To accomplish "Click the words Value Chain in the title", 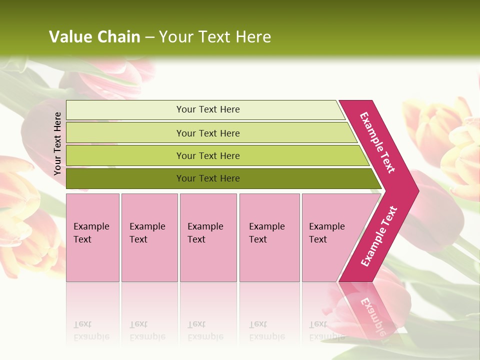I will [94, 37].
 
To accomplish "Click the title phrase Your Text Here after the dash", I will [215, 37].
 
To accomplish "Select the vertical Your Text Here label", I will [57, 143].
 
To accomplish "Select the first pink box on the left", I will [92, 237].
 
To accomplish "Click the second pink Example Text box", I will [149, 237].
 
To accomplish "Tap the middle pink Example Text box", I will [208, 237].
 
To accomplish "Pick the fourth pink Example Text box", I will [269, 237].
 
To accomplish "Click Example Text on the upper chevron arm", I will [378, 142].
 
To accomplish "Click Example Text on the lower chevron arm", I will [379, 236].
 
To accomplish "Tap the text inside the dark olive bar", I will [208, 178].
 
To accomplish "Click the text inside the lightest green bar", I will [208, 109].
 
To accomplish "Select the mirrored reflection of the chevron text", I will [373, 315].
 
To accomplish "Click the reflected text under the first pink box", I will [91, 330].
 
